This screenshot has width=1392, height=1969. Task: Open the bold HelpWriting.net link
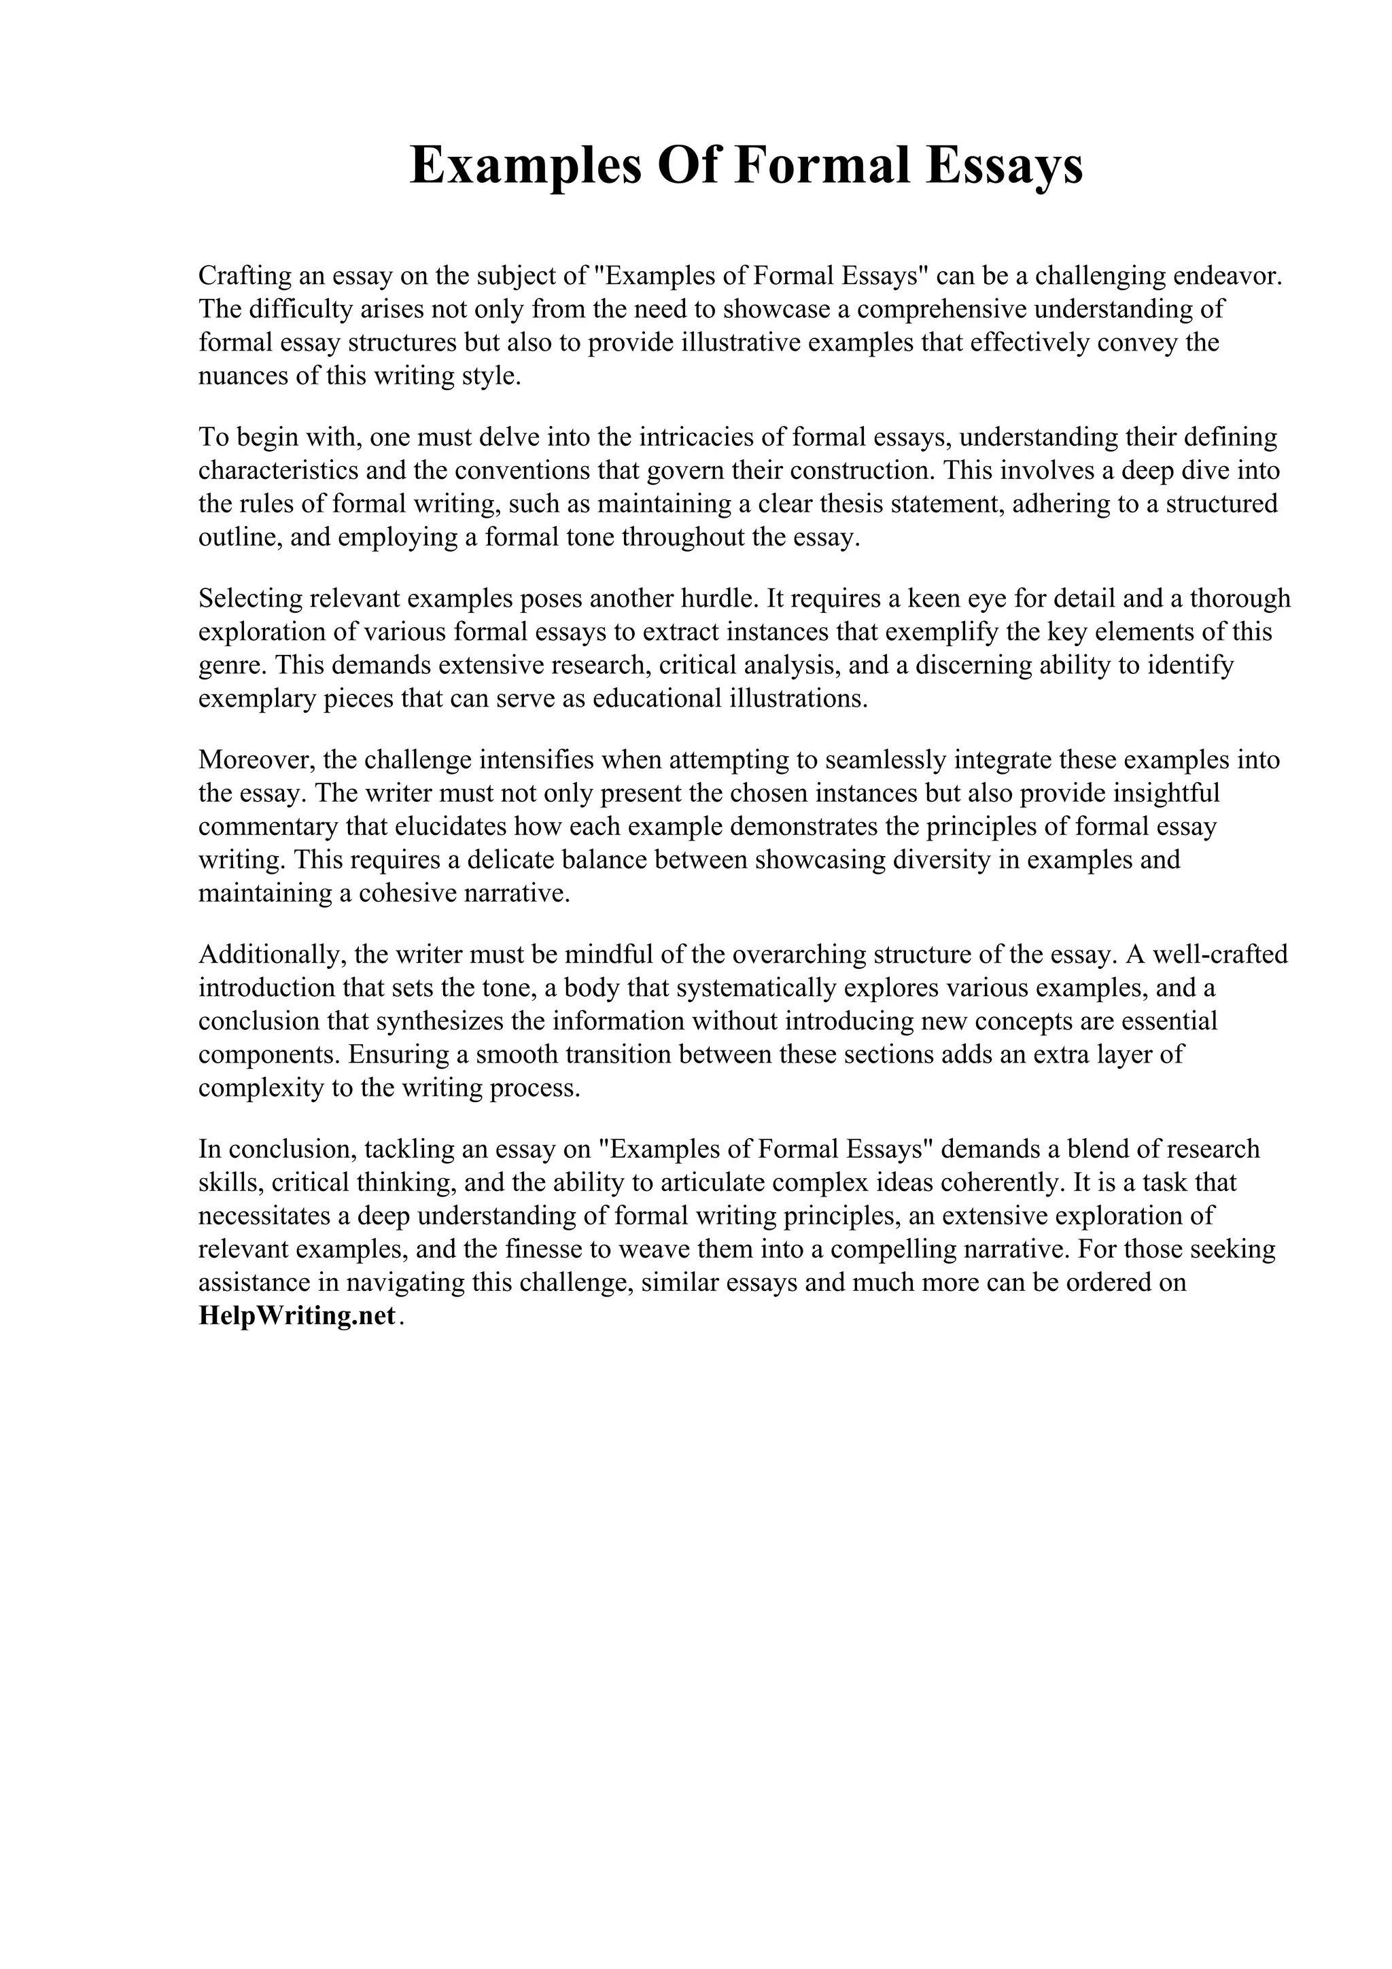coord(297,1316)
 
